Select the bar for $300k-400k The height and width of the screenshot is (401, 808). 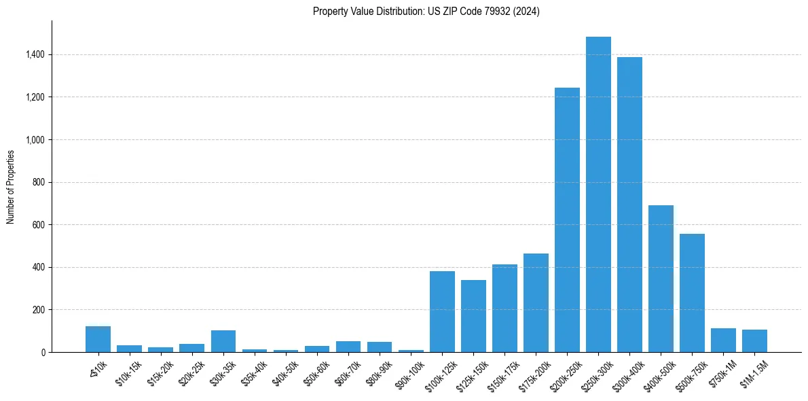629,205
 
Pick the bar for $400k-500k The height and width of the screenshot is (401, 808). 661,279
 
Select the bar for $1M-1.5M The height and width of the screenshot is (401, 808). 754,341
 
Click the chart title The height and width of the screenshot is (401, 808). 426,12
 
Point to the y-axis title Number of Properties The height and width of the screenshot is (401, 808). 11,187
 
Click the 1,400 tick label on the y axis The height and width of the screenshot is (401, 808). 35,54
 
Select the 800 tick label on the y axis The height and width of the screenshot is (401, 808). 38,182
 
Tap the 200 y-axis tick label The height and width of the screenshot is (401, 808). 38,310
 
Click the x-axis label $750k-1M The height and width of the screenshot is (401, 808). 721,373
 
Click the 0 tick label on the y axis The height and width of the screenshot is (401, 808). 42,352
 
